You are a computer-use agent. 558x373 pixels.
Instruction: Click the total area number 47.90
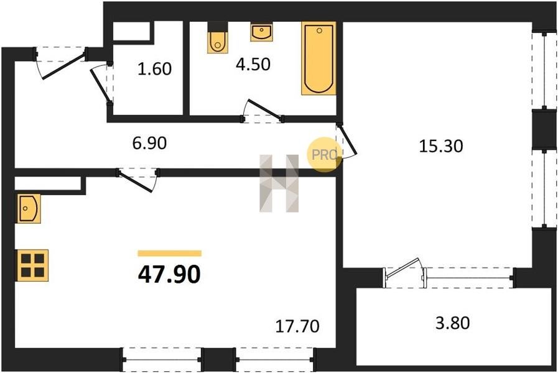(169, 275)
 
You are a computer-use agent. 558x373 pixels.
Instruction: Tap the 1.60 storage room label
(154, 69)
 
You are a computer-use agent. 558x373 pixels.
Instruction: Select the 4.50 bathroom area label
(253, 65)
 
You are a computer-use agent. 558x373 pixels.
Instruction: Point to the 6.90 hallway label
(149, 144)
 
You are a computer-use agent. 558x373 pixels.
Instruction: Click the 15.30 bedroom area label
(441, 146)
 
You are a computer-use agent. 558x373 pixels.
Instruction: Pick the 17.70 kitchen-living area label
(297, 326)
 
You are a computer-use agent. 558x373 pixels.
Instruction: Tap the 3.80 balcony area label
(453, 323)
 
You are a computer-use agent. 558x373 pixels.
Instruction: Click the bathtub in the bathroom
(319, 58)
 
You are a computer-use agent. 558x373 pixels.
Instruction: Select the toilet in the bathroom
(218, 38)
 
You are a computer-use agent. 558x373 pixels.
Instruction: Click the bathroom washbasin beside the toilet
(261, 32)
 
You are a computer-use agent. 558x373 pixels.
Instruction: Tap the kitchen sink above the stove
(28, 208)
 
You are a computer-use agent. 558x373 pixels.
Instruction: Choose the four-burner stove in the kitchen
(32, 265)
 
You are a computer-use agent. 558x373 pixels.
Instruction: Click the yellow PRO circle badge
(325, 155)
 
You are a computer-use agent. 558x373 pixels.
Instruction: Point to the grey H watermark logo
(279, 183)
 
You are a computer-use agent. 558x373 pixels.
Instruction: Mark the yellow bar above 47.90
(170, 254)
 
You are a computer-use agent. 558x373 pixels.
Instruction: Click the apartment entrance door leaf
(64, 65)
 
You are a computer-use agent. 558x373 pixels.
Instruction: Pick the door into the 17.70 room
(136, 182)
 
